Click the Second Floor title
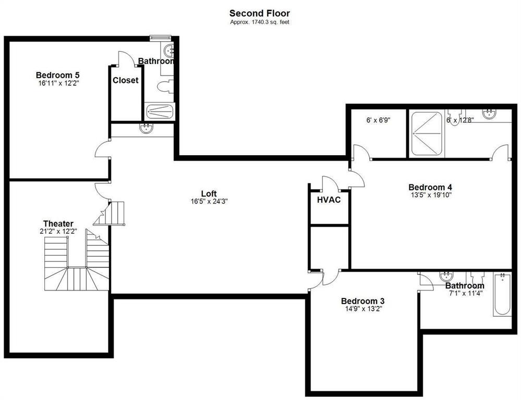click(x=260, y=13)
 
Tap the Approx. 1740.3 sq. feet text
click(x=260, y=22)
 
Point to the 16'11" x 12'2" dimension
click(x=57, y=83)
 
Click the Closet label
click(x=126, y=80)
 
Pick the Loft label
click(x=209, y=194)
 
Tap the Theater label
click(x=58, y=223)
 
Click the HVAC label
click(x=329, y=199)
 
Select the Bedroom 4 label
click(x=430, y=187)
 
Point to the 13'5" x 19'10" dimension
click(x=430, y=195)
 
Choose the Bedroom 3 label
click(x=362, y=301)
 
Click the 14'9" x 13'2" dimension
click(x=362, y=309)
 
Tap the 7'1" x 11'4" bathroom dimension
click(x=464, y=293)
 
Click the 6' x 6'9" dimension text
click(x=379, y=120)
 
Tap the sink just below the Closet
click(x=147, y=129)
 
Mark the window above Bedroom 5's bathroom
click(x=160, y=37)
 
